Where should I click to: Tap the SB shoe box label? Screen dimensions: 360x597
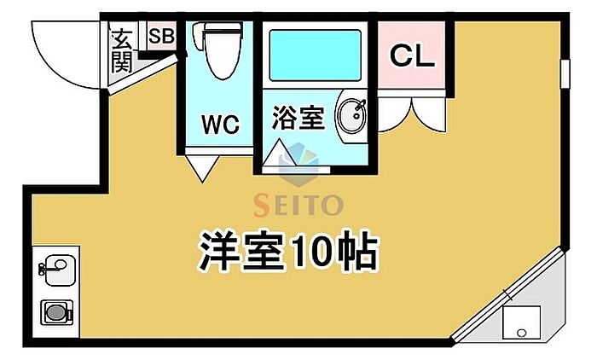click(160, 36)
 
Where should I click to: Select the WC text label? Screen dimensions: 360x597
click(219, 125)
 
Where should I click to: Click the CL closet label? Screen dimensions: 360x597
click(413, 56)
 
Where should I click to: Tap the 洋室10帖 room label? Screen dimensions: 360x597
click(288, 249)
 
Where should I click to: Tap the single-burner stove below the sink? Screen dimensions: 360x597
click(55, 313)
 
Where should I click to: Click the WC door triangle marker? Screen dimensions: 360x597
click(202, 166)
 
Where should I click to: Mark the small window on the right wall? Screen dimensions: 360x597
click(565, 73)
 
